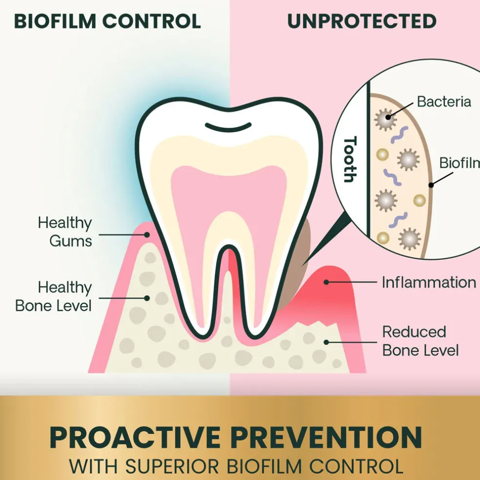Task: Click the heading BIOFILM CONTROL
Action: (x=107, y=21)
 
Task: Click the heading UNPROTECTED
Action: (x=362, y=21)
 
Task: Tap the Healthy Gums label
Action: (x=65, y=232)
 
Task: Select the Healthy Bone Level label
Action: (x=54, y=296)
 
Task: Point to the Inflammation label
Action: (x=429, y=282)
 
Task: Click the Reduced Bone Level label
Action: (x=420, y=341)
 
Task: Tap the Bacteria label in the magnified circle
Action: (x=444, y=101)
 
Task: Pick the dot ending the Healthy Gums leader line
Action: (x=147, y=235)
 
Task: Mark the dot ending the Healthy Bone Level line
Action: (x=147, y=298)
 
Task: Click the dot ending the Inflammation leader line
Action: (x=326, y=282)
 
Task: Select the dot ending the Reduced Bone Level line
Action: (x=326, y=342)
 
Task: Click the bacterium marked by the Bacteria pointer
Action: (x=386, y=119)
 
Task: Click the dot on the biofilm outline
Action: (x=431, y=185)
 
